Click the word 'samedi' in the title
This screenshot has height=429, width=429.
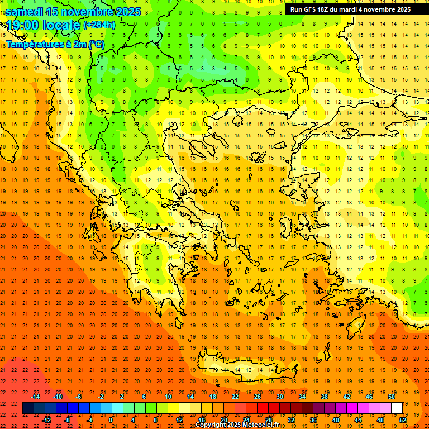24,11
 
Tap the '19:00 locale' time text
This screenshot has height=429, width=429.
43,25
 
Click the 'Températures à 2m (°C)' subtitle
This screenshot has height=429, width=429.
55,44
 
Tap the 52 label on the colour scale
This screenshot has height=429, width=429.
403,420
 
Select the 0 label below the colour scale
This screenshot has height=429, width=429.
110,420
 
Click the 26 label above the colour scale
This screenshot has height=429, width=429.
258,397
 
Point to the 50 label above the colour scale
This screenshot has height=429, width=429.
392,397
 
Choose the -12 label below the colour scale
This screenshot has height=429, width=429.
46,420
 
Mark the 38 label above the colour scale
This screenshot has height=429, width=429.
325,397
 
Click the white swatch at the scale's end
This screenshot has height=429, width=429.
397,408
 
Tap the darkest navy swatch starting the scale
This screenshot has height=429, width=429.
28,408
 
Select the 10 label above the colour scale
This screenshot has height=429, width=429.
168,397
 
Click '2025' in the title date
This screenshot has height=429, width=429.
125,11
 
